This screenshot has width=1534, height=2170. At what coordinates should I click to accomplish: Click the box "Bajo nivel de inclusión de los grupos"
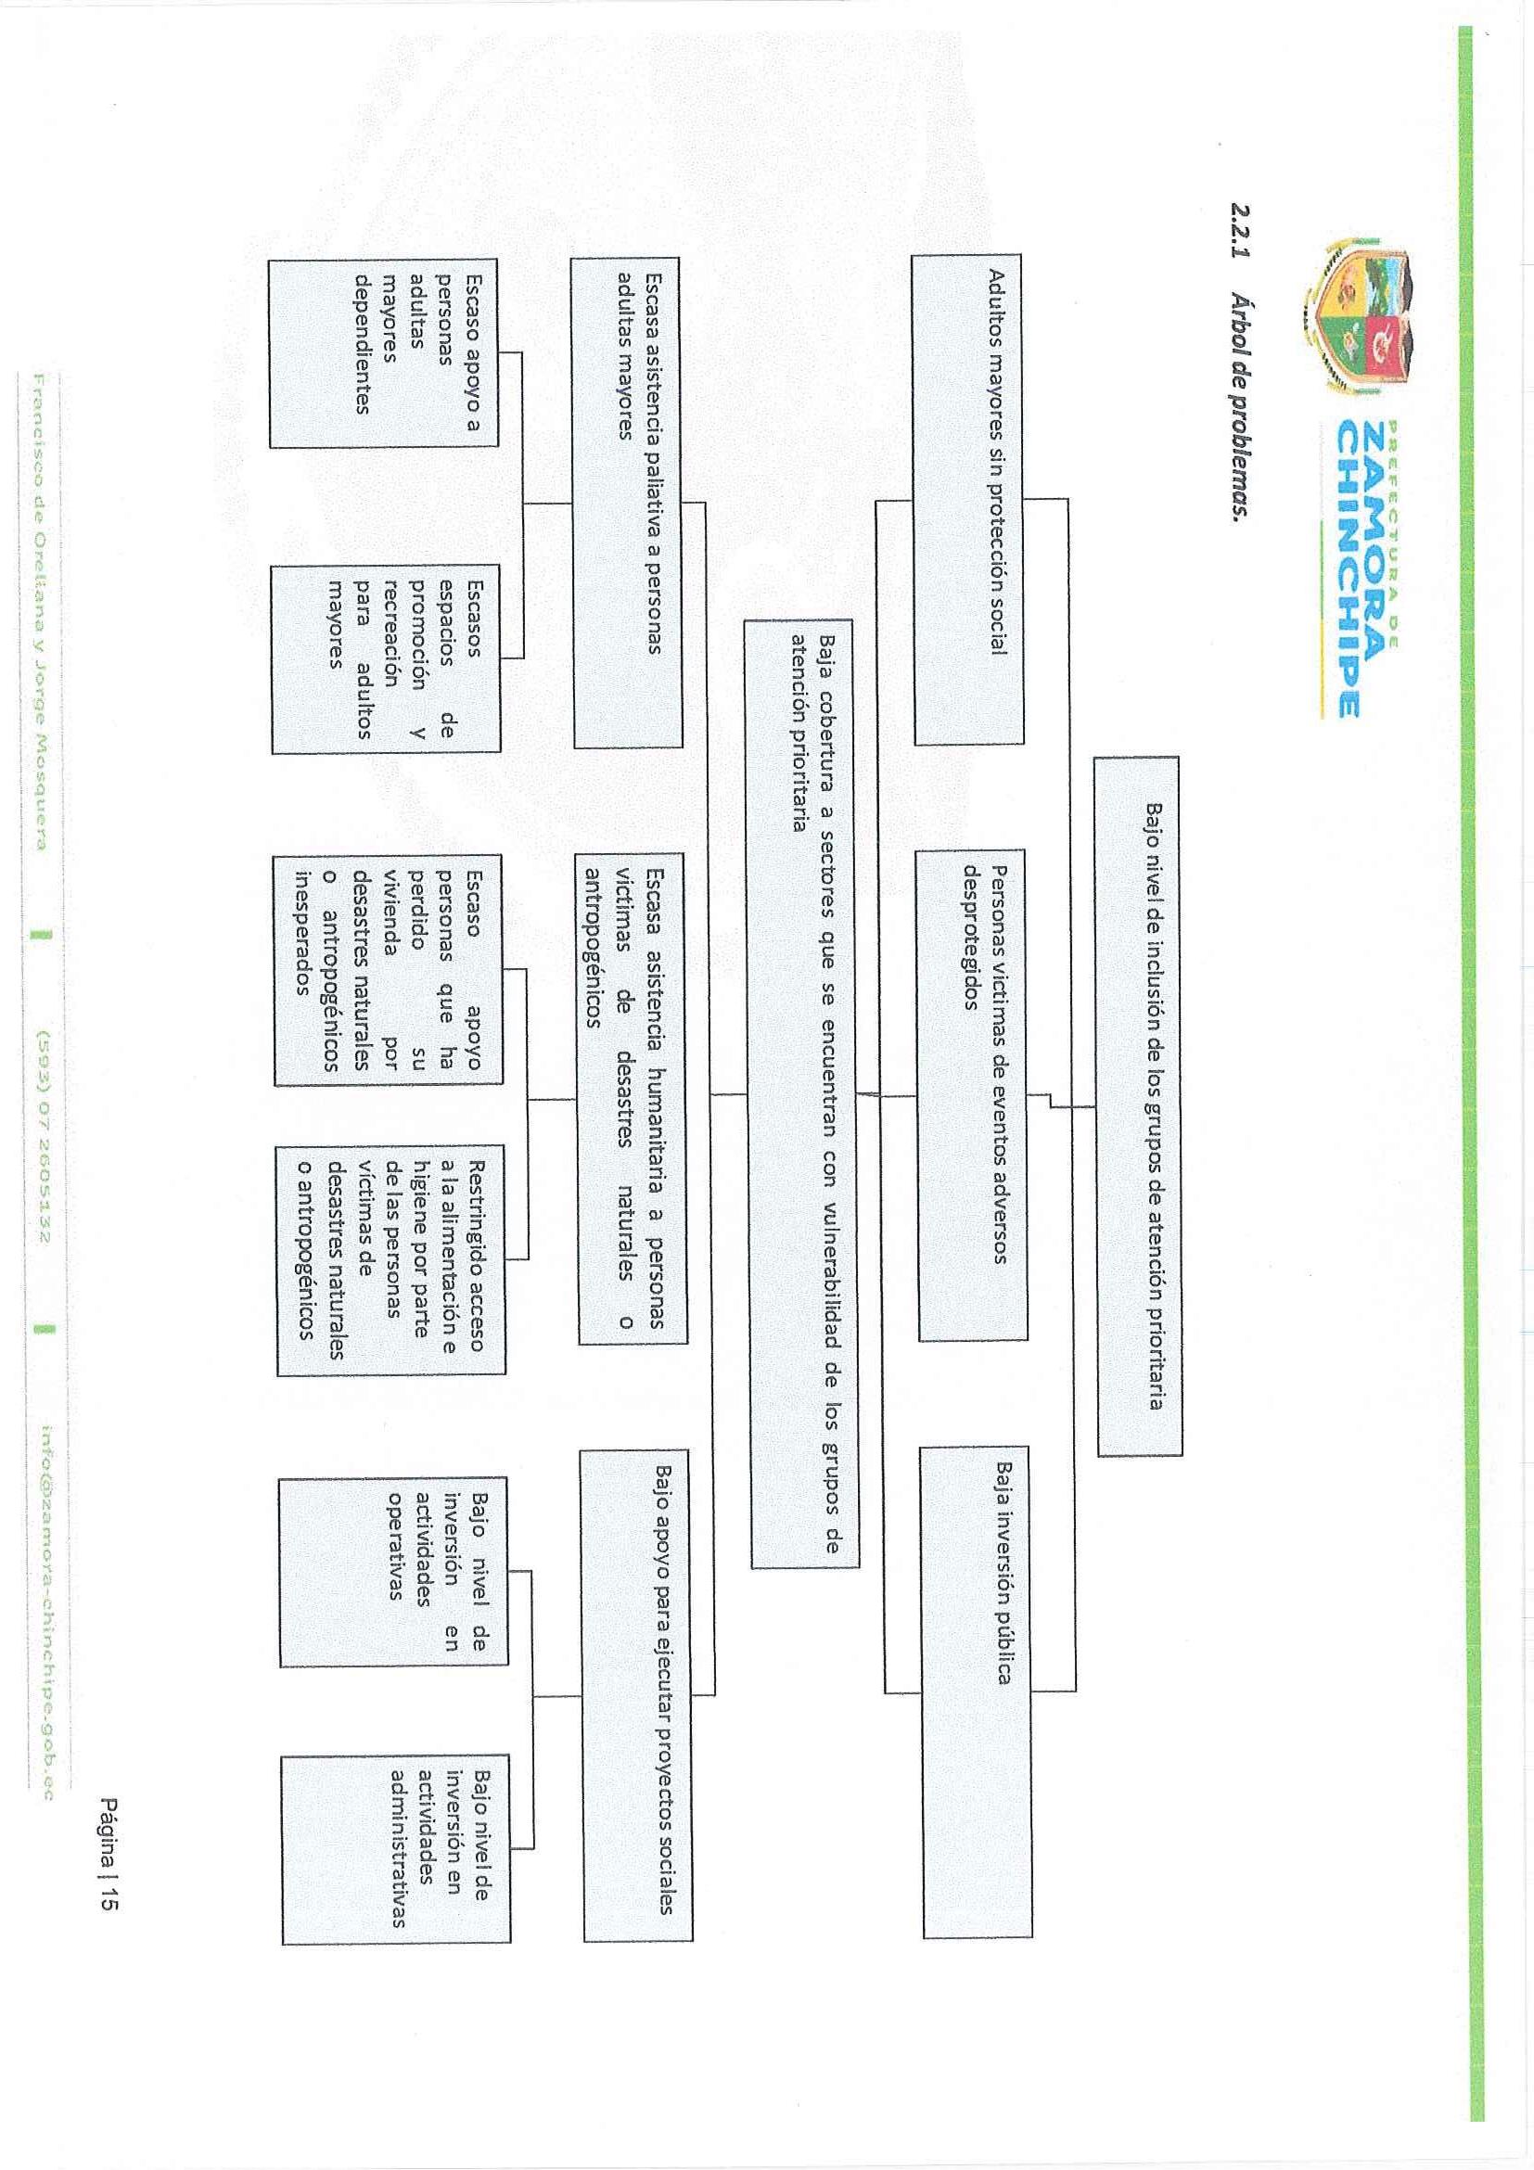coord(1138,1105)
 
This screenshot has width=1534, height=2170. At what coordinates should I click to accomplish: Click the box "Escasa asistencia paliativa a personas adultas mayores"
coord(626,502)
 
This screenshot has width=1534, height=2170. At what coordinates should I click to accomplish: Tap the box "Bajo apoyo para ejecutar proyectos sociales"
coord(637,1695)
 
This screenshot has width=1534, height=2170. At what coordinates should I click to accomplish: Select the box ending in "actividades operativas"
coord(393,1571)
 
